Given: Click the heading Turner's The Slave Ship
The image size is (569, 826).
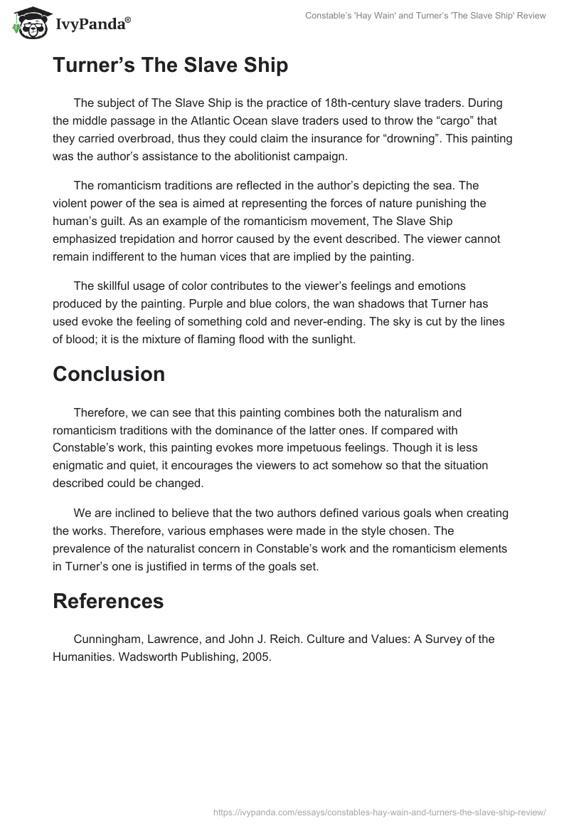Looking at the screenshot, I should [170, 66].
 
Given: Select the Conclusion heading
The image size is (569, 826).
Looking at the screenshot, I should [108, 374].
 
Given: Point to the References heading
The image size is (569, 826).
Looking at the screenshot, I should [108, 600].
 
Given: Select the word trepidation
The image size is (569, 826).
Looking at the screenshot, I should [148, 239].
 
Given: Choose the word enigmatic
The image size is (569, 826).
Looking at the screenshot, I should [80, 466].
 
